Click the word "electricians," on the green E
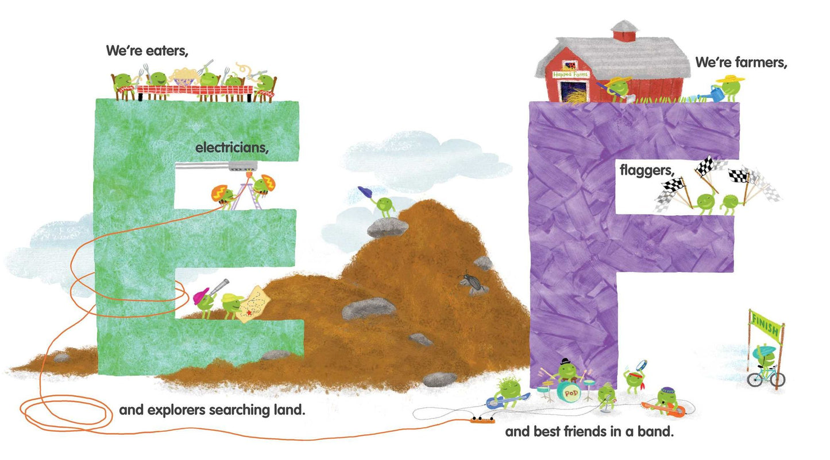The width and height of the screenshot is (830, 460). [x=231, y=147]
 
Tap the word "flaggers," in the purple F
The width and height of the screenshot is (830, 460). [x=647, y=170]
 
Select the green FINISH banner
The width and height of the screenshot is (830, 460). [x=766, y=324]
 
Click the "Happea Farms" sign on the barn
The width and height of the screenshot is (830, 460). [x=570, y=75]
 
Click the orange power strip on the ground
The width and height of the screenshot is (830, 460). [x=482, y=420]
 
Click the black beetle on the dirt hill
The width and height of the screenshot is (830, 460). [x=472, y=283]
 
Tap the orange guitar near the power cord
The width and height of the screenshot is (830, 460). [x=663, y=410]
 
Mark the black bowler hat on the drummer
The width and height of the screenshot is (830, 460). [x=565, y=361]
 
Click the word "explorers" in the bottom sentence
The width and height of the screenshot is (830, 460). [x=176, y=411]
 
